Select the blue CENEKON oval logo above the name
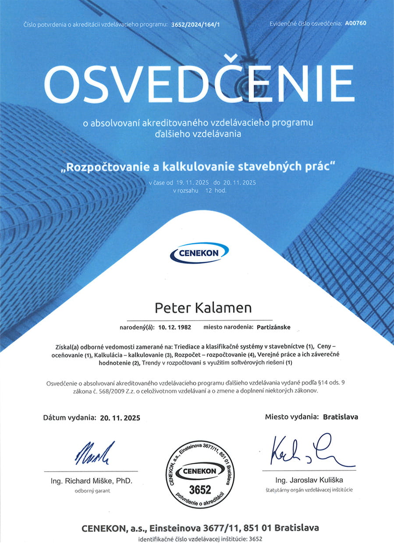(x=199, y=253)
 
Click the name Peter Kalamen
(x=203, y=308)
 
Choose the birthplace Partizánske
(x=274, y=327)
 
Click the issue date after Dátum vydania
(x=120, y=418)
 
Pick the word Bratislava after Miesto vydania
(x=341, y=417)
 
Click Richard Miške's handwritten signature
(x=95, y=453)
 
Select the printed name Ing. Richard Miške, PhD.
(x=91, y=481)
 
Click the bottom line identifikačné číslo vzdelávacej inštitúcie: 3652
(x=200, y=539)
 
